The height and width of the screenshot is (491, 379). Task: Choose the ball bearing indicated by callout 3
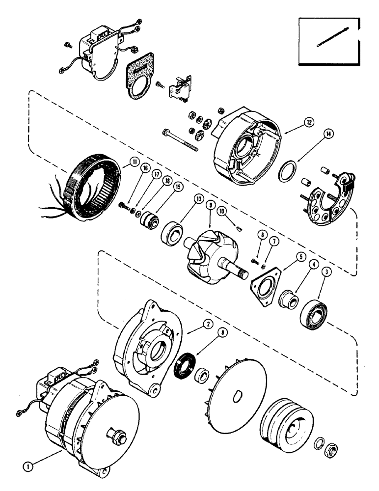click(x=312, y=310)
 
